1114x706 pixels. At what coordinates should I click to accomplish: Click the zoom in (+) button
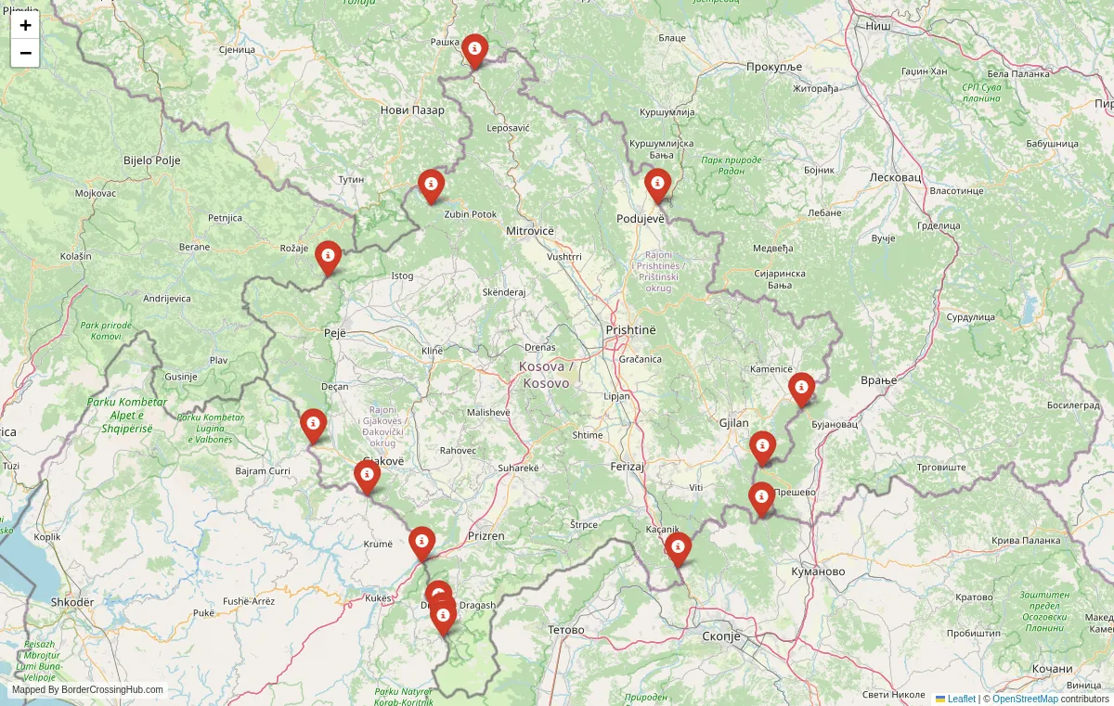(25, 26)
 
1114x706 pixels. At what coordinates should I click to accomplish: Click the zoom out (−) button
(25, 53)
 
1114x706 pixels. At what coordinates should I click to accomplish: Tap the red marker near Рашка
(474, 50)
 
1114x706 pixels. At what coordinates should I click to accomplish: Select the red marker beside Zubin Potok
(431, 185)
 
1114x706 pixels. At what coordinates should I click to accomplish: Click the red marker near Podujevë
(658, 185)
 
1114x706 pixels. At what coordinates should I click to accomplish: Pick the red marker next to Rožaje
(328, 256)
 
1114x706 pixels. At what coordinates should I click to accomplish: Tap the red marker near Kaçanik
(678, 547)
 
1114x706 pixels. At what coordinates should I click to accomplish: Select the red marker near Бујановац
(801, 389)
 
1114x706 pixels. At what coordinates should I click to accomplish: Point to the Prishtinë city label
(630, 330)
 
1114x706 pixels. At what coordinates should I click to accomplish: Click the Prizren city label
(486, 536)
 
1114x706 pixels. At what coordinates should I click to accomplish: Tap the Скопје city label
(720, 636)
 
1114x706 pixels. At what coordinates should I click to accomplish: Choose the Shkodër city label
(72, 602)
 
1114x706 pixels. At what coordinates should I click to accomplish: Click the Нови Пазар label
(412, 110)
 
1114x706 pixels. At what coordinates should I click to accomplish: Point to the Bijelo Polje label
(152, 160)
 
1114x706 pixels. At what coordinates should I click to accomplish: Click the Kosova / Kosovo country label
(546, 375)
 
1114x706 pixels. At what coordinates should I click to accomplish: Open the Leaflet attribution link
(961, 699)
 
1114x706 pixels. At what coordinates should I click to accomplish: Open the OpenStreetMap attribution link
(1025, 699)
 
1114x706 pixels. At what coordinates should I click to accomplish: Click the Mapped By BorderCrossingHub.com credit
(87, 690)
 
